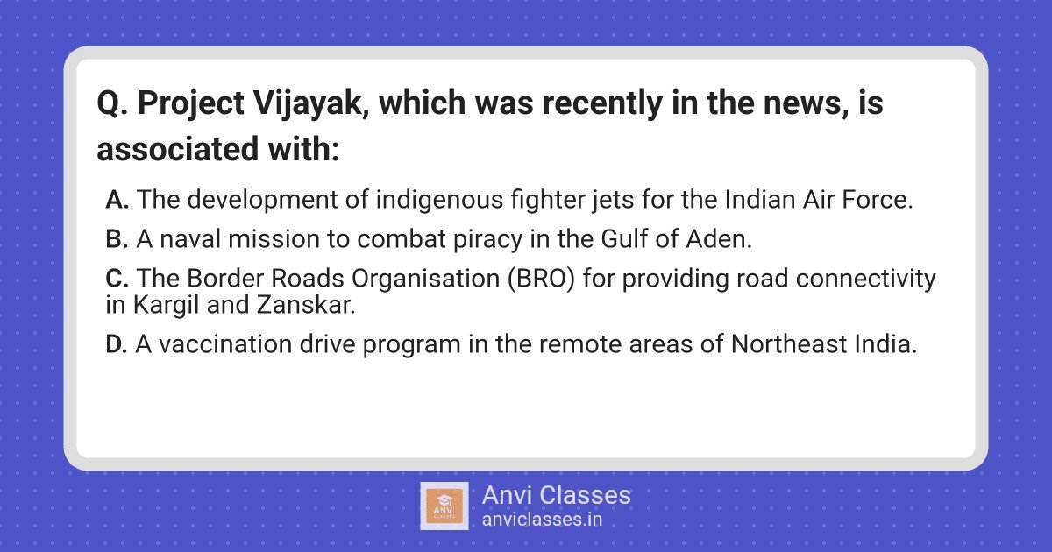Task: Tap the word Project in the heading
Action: pyautogui.click(x=191, y=104)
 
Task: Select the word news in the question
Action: pyautogui.click(x=806, y=104)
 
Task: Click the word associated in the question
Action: pyautogui.click(x=177, y=149)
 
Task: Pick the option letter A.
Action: pyautogui.click(x=117, y=200)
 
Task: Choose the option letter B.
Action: pyautogui.click(x=117, y=239)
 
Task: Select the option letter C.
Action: pyautogui.click(x=117, y=279)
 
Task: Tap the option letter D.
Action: pyautogui.click(x=117, y=344)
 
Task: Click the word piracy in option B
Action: pyautogui.click(x=487, y=240)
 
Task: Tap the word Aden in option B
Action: pyautogui.click(x=719, y=239)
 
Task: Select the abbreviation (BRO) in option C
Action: pyautogui.click(x=541, y=279)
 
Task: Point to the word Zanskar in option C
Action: pyautogui.click(x=306, y=305)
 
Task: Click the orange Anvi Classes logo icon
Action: pyautogui.click(x=444, y=506)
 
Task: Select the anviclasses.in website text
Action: pyautogui.click(x=542, y=520)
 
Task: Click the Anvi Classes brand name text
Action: pyautogui.click(x=557, y=495)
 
